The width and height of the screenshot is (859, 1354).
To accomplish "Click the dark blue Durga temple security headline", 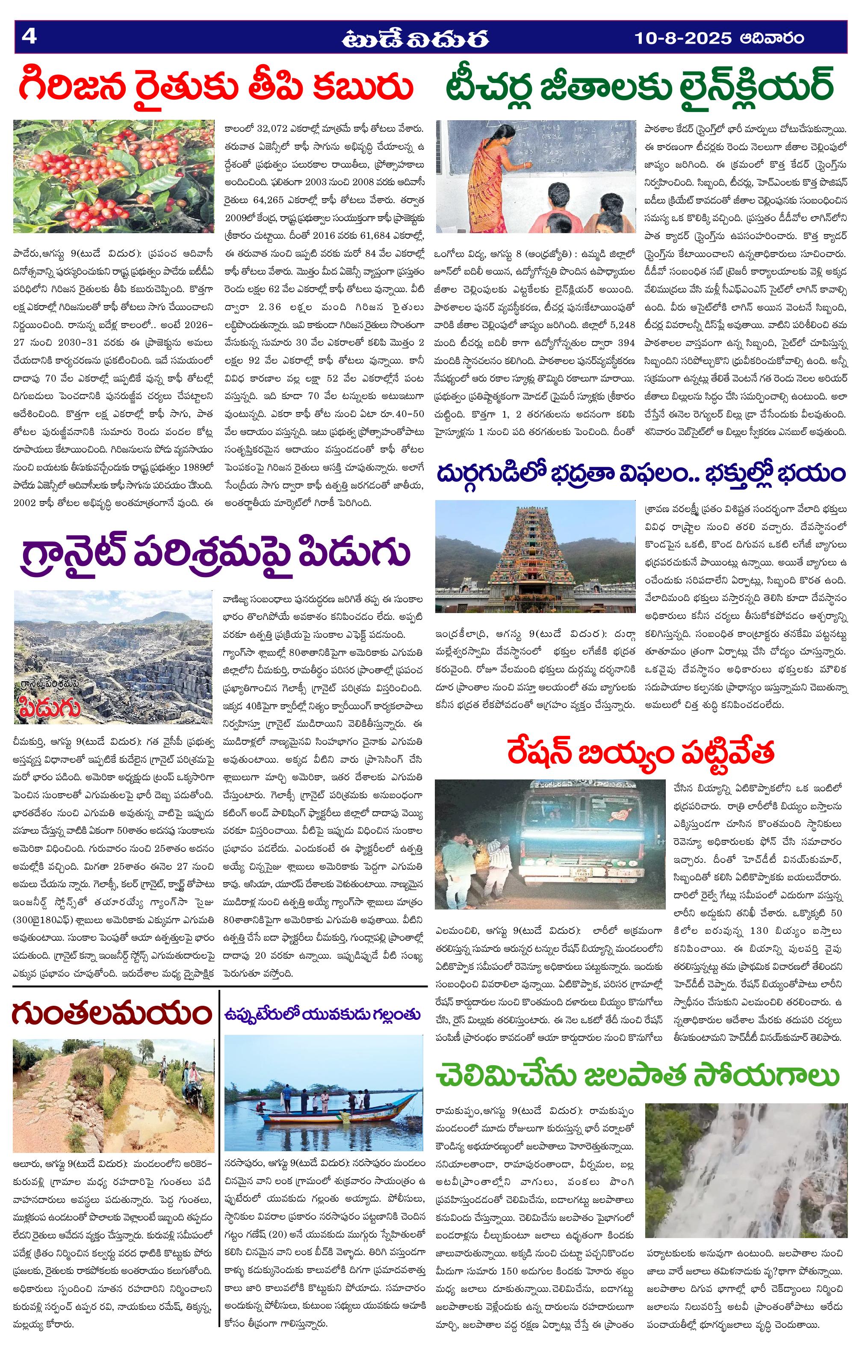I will (641, 472).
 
